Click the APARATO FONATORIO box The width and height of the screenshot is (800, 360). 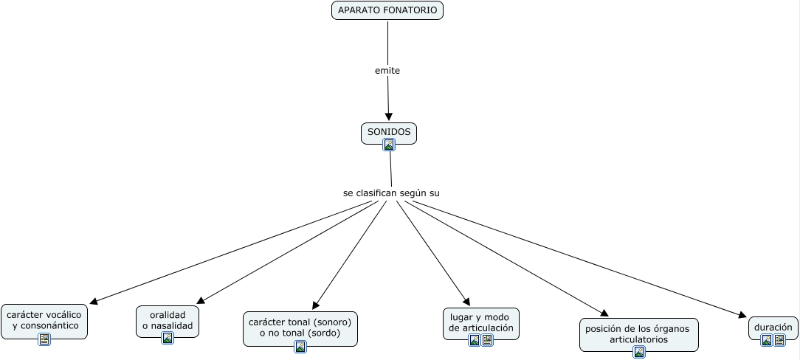387,10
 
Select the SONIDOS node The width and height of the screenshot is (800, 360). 389,133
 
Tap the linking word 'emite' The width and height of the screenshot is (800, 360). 387,71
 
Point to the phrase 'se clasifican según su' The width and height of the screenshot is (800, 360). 391,193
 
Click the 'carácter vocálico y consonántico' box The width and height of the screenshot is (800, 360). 44,321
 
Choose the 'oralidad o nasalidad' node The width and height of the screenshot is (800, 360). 168,321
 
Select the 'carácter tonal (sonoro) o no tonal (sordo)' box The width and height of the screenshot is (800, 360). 300,328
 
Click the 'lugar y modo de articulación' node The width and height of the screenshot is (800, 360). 481,323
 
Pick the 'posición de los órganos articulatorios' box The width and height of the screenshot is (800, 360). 639,334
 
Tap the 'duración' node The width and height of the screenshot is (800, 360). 773,328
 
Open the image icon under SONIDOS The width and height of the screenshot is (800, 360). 389,145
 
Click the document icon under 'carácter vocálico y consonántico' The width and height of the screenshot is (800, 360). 44,339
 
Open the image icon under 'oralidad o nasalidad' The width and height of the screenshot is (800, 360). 168,338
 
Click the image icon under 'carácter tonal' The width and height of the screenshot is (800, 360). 300,347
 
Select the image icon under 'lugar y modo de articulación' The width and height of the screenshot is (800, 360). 475,340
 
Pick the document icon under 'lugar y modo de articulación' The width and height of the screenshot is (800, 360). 487,340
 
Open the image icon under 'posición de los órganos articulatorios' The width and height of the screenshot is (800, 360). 639,352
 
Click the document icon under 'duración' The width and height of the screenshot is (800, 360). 779,340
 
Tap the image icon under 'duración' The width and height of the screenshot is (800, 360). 766,340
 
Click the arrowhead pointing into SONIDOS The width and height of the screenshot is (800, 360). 388,117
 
